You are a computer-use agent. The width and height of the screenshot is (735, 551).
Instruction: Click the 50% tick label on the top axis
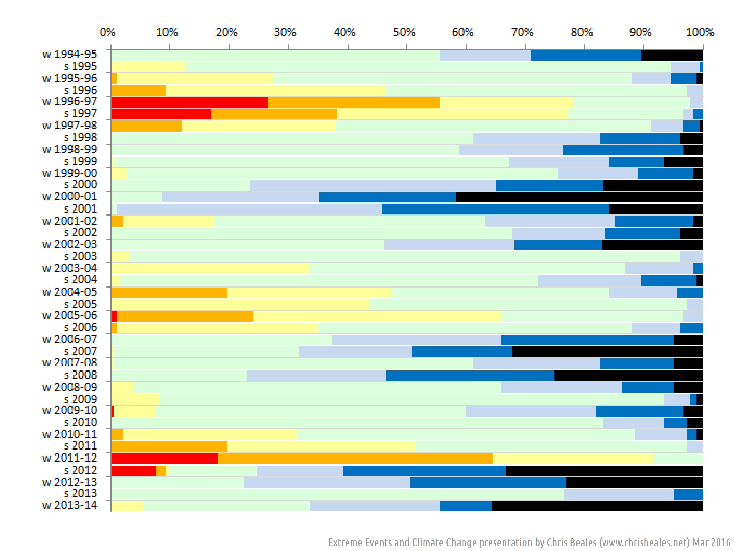(404, 33)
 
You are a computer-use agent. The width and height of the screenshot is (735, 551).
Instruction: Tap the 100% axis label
(700, 33)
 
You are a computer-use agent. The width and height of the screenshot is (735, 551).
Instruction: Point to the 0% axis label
(107, 33)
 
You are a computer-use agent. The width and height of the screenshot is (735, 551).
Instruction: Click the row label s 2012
(80, 470)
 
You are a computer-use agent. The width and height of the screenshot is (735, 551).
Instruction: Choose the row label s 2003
(80, 256)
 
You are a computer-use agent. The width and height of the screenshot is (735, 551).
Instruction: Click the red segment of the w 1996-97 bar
(189, 103)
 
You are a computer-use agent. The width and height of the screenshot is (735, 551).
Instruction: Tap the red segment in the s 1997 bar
(161, 114)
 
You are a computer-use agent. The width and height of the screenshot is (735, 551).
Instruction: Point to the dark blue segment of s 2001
(495, 209)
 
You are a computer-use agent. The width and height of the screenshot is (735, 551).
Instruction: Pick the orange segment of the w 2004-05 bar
(169, 293)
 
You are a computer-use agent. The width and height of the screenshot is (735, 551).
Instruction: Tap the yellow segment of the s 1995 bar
(148, 67)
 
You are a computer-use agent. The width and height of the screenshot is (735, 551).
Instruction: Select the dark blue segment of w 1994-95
(585, 55)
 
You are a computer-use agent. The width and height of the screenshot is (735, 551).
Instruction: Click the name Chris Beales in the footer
(572, 542)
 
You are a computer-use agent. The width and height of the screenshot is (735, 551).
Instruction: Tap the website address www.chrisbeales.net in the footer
(644, 542)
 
